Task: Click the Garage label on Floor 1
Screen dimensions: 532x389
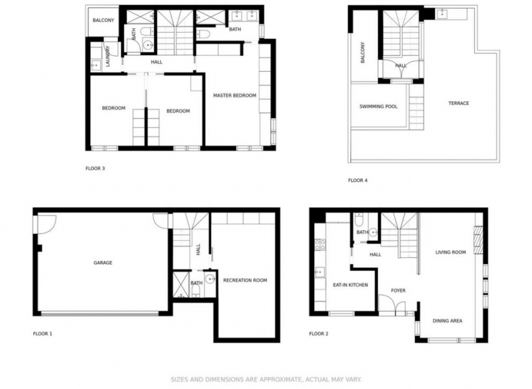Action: [x=103, y=262]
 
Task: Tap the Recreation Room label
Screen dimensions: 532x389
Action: [x=245, y=280]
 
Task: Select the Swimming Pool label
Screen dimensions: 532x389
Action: [x=378, y=106]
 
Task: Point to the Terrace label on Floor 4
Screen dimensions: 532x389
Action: [x=459, y=103]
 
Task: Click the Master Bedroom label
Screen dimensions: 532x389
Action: [x=234, y=96]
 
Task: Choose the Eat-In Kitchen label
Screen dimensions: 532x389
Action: [x=351, y=285]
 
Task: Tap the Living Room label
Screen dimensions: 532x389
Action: [x=451, y=252]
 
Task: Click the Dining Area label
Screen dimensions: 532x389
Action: [x=447, y=321]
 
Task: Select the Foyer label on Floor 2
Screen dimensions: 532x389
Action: [x=398, y=290]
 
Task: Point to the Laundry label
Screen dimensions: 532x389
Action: [x=108, y=56]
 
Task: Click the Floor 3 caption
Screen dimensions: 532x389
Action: [x=95, y=168]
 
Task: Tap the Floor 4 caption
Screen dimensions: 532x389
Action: [x=357, y=181]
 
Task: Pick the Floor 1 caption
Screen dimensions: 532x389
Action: [x=42, y=334]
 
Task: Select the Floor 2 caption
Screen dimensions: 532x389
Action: [x=319, y=334]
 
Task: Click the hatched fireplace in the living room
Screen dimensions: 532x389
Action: [x=478, y=240]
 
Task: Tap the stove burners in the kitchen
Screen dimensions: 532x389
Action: [x=320, y=245]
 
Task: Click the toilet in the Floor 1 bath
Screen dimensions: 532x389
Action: [x=196, y=290]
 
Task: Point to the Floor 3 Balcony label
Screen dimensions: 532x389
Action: [x=103, y=20]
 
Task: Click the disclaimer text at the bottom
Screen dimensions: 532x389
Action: [x=266, y=380]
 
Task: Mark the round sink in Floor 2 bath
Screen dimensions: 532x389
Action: [x=373, y=233]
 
